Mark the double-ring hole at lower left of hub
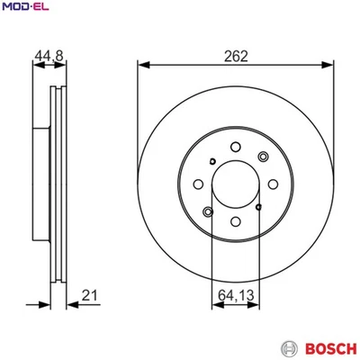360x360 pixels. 208,212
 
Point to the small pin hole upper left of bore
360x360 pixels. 211,162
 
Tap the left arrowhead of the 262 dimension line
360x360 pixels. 142,64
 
